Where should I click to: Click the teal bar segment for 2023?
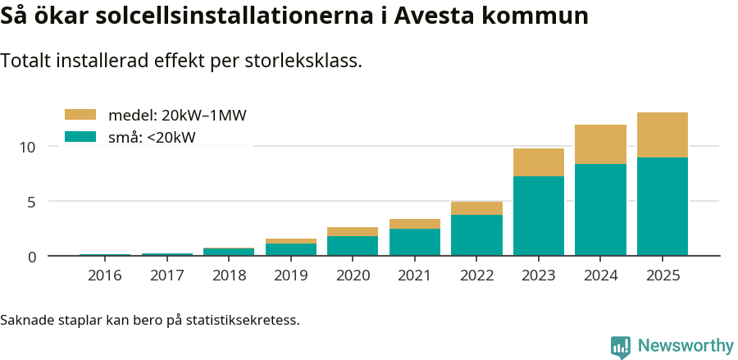pos(539,216)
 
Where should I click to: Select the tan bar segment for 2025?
pos(663,134)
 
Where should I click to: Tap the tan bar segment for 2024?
pos(600,144)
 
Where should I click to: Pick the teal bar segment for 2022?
pos(476,235)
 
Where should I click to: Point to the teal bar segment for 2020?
pos(353,246)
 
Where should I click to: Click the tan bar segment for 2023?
pos(539,162)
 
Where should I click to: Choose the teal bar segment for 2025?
pos(663,207)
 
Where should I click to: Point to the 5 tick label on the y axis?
pos(33,202)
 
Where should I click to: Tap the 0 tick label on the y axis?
pos(33,257)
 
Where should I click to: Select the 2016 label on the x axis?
pos(104,276)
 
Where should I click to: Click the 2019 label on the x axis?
pos(290,276)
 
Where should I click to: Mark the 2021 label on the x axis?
pos(415,276)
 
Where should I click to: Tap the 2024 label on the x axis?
pos(600,276)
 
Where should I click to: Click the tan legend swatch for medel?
pos(80,115)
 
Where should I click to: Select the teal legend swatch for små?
pos(80,137)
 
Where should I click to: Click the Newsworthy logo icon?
pos(621,346)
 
